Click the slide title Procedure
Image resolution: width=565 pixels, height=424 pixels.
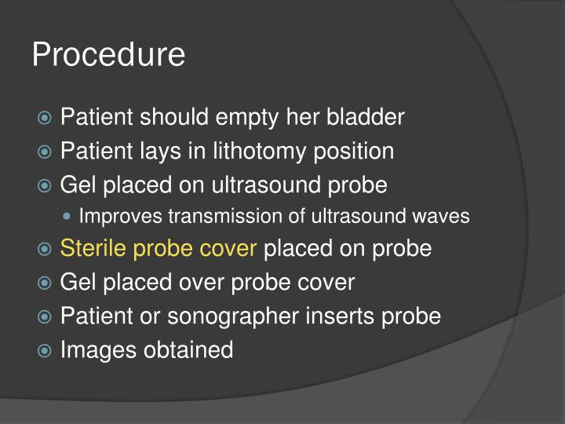(x=108, y=55)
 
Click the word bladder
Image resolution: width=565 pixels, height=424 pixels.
(x=366, y=117)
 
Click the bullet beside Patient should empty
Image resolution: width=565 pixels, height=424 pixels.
(x=46, y=119)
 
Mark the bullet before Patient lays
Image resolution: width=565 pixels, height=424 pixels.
(x=46, y=152)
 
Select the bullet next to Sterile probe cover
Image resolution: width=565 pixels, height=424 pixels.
(x=46, y=250)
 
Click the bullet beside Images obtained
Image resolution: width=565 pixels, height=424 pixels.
(x=46, y=350)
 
